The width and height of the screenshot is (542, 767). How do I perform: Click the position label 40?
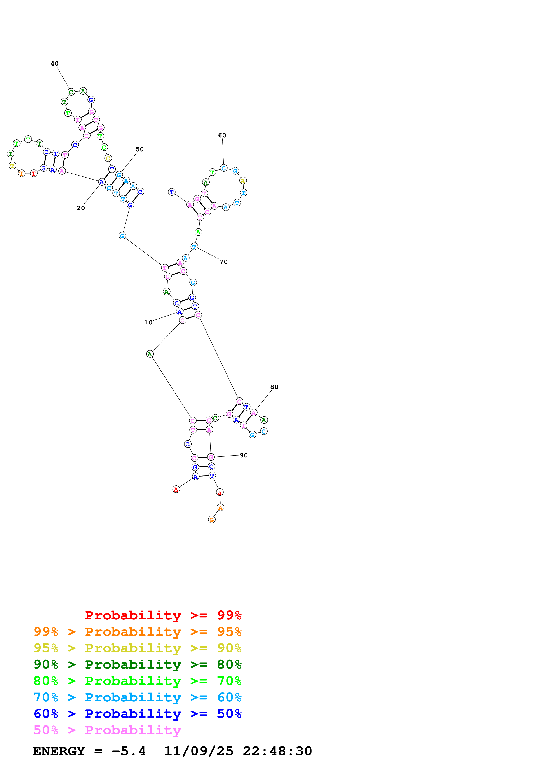(x=54, y=63)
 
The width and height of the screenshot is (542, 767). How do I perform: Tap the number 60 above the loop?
(x=222, y=135)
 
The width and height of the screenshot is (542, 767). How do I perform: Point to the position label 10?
(x=148, y=322)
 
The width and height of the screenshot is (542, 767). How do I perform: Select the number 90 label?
(x=244, y=455)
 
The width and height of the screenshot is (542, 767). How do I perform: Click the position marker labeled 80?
(x=274, y=387)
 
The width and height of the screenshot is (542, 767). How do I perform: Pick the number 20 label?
(x=81, y=208)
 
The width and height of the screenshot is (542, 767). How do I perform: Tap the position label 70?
(x=224, y=262)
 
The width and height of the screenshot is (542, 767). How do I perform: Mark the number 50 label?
(x=139, y=149)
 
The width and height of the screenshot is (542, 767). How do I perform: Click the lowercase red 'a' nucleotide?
(x=220, y=492)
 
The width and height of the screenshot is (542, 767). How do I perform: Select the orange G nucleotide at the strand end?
(x=212, y=519)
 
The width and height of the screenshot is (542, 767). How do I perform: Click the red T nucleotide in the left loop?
(x=34, y=173)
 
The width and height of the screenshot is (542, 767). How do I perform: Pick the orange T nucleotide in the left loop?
(x=22, y=173)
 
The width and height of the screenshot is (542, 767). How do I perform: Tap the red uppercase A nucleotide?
(x=176, y=489)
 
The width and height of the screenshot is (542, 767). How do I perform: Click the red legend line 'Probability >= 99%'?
(x=163, y=615)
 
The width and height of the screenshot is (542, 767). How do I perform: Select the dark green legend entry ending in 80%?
(x=138, y=664)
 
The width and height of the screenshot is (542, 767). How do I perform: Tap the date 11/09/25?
(x=199, y=751)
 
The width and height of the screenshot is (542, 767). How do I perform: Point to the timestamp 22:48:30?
(x=277, y=751)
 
